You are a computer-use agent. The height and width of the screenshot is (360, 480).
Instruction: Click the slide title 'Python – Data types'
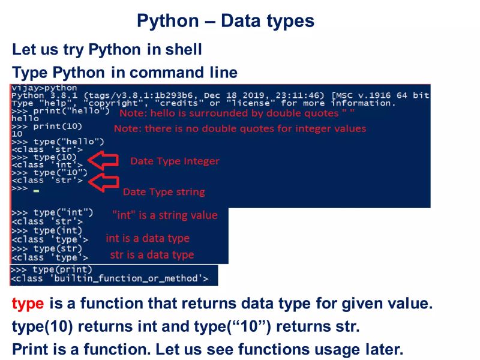[x=225, y=21]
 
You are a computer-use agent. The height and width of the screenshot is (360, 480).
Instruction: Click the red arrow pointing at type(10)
[x=103, y=160]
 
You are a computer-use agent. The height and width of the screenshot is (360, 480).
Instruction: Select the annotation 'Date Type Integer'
[x=175, y=161]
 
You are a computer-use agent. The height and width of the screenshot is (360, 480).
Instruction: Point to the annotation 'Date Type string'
[x=164, y=192]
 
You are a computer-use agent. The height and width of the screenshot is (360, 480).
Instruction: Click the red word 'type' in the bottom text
[x=28, y=304]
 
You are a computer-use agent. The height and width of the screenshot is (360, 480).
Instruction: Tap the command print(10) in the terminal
[x=58, y=127]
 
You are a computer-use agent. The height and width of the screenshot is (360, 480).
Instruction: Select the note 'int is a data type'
[x=148, y=238]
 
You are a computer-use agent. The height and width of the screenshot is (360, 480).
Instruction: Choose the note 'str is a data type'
[x=152, y=254]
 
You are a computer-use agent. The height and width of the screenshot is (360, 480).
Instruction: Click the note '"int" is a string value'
[x=164, y=215]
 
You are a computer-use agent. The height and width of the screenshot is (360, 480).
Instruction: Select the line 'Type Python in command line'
[x=125, y=73]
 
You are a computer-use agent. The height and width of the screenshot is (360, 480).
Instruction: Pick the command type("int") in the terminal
[x=63, y=212]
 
